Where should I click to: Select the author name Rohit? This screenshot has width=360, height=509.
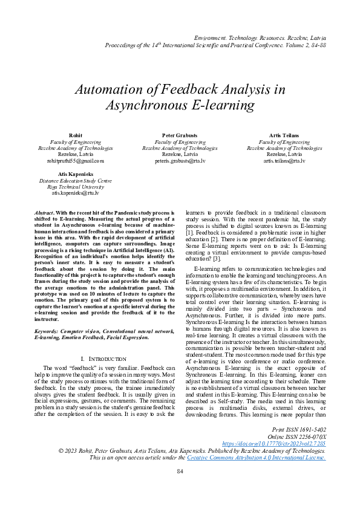point(76,135)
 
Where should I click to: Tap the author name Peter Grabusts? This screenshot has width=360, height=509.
point(180,135)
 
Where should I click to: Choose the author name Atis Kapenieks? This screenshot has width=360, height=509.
point(76,173)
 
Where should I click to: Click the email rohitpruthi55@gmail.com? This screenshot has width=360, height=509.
point(76,161)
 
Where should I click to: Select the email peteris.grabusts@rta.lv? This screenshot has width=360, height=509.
point(180,161)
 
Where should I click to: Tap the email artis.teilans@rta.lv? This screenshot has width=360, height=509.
point(284,161)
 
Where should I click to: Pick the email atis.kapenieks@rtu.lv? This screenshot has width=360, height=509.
point(76,193)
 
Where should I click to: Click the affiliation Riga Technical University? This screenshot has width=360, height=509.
point(76,187)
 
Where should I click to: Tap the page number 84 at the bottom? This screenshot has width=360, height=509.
point(180,488)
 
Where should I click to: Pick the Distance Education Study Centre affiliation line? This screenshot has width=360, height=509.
point(76,180)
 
